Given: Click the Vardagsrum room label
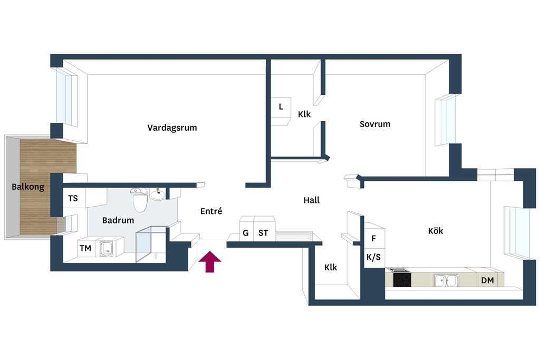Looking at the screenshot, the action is pos(172,128).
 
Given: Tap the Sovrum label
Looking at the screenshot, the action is pos(375,124).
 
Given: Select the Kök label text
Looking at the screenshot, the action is pos(436,230).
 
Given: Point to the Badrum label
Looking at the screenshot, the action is pos(118,220).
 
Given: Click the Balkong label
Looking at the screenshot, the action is pos(28,187).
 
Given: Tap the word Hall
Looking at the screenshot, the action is pos(312,200).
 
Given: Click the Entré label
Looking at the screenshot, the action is pos(211,211).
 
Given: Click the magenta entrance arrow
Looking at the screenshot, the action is pos(210,261).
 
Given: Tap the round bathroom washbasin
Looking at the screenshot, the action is pos(158,194).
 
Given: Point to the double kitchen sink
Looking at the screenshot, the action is pos(446,280).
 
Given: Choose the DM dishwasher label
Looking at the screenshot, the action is pos(487,280).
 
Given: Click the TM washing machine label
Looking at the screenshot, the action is pos(85,248).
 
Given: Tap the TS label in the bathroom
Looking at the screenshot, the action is pos(73,198).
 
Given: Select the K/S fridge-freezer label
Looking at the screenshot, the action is pos(373,257).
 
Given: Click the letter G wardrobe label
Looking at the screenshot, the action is pos(246,233).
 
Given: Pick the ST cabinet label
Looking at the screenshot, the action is pos(263,233).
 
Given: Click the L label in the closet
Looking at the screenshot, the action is pos(281,107).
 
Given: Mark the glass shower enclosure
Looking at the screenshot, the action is pos(151,245).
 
